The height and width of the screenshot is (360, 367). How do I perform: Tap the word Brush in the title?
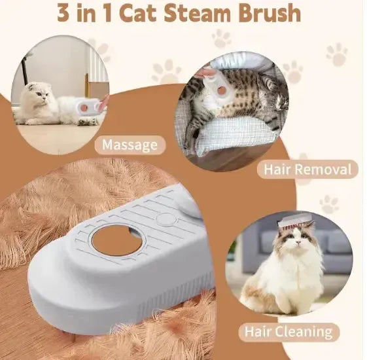(270, 13)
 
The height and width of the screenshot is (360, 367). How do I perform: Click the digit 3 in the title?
(65, 13)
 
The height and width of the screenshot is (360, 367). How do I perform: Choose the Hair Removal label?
(307, 170)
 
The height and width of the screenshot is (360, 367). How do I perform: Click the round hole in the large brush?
(118, 241)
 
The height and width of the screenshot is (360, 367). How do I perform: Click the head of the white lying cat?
(39, 96)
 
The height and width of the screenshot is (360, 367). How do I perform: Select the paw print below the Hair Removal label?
(328, 204)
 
